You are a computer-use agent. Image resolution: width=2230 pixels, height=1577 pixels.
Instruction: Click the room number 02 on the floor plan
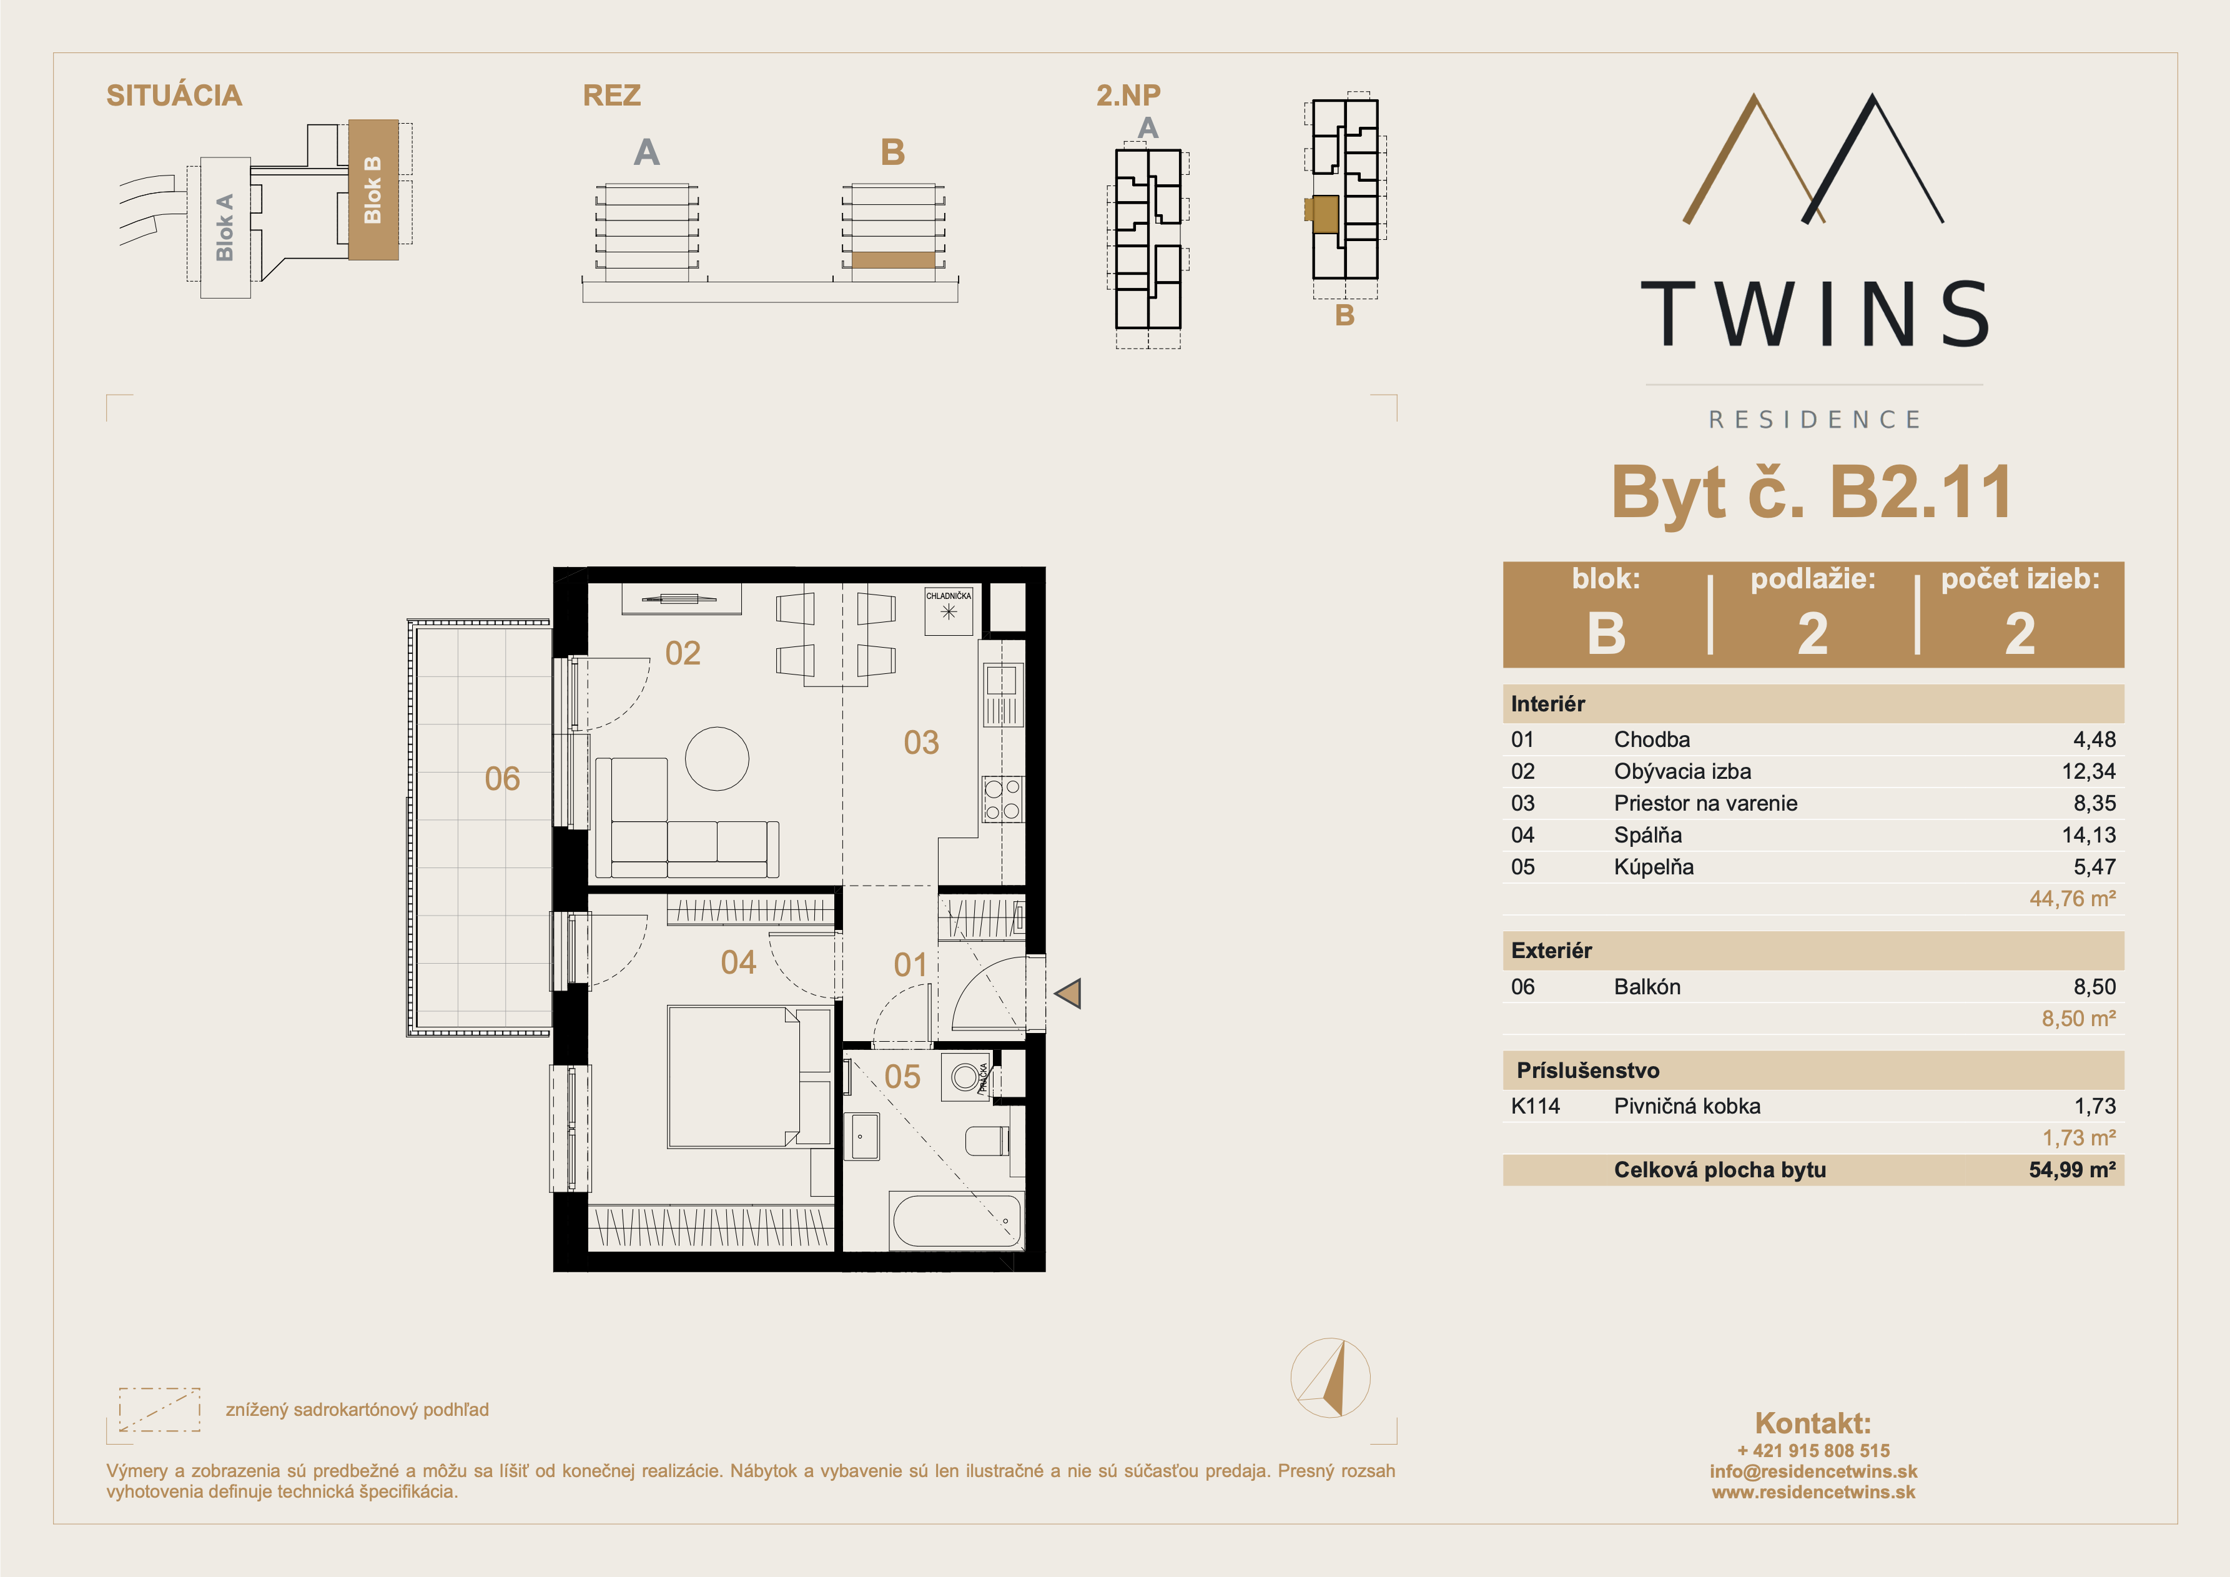click(x=683, y=653)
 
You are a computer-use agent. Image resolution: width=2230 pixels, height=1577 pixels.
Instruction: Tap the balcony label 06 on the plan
click(x=502, y=778)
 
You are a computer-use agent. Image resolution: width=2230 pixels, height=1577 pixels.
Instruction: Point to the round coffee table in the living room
click(x=717, y=759)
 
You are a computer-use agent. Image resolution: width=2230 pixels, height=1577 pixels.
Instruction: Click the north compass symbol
click(x=1331, y=1377)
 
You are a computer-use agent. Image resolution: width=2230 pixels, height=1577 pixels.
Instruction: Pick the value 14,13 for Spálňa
click(x=2088, y=834)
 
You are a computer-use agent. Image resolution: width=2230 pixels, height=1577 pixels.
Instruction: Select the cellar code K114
click(x=1536, y=1105)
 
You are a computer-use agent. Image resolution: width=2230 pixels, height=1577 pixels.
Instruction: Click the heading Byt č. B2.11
click(x=1812, y=493)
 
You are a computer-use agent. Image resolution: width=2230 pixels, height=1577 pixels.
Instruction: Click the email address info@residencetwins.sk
click(x=1813, y=1471)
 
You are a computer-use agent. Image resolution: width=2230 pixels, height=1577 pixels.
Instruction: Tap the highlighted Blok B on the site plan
click(x=373, y=189)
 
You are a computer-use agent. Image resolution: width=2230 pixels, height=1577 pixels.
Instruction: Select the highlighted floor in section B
click(x=892, y=260)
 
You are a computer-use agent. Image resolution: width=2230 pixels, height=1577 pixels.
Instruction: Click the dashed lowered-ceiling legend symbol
click(x=159, y=1409)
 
